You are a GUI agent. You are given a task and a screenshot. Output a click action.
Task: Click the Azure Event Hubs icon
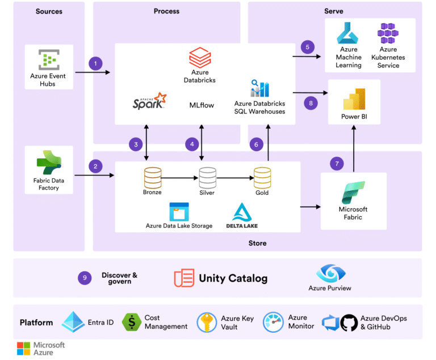(x=49, y=60)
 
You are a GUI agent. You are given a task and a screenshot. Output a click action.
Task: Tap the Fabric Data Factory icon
(x=49, y=163)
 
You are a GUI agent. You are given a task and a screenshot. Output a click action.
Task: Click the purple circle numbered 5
(x=307, y=47)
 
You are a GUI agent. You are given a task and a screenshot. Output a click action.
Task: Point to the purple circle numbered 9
(x=85, y=278)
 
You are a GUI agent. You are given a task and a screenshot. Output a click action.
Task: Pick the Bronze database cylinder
(x=152, y=177)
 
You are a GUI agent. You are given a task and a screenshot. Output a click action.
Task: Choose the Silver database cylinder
(x=207, y=177)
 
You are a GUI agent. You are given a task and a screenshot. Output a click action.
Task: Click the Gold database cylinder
(x=262, y=177)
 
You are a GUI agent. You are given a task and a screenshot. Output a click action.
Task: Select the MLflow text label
(x=202, y=105)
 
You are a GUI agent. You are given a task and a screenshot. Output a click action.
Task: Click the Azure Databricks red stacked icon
(x=199, y=57)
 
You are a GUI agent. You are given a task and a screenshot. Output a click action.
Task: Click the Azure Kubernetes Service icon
(x=388, y=34)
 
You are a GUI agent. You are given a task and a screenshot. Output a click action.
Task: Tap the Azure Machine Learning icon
(x=348, y=34)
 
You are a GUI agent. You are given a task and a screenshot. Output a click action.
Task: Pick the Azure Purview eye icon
(x=329, y=273)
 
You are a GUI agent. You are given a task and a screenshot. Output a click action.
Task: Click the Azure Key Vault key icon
(x=207, y=323)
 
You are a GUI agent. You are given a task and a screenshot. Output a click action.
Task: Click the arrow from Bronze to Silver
(x=179, y=178)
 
